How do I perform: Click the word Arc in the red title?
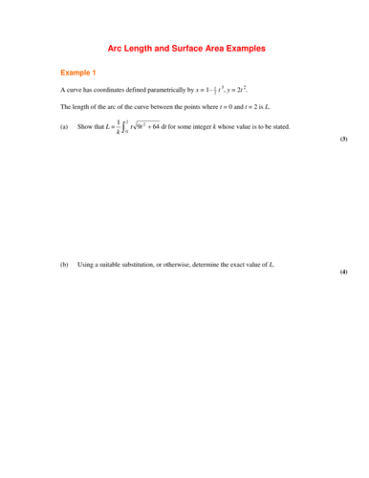tap(117, 47)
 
